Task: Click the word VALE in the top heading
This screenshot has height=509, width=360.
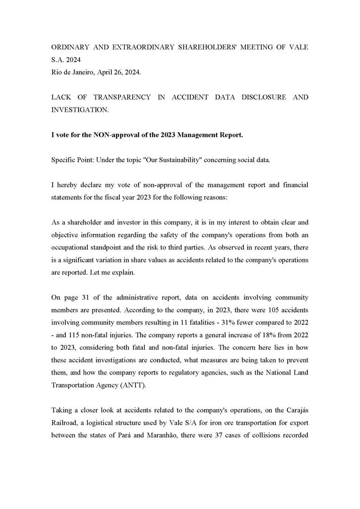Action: tap(298, 48)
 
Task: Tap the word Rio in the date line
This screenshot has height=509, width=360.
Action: tap(56, 71)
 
